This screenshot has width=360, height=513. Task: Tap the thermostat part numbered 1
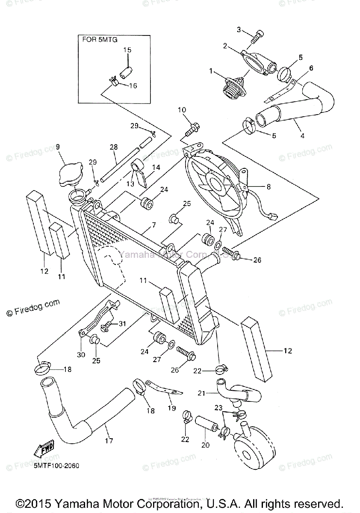click(x=232, y=87)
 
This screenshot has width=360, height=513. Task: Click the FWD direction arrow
click(x=42, y=450)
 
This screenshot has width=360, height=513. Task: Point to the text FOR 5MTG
click(x=100, y=40)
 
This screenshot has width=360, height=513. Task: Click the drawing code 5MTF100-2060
click(x=56, y=466)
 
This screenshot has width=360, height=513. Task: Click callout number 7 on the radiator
click(x=153, y=224)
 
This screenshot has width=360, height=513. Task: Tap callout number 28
click(x=113, y=147)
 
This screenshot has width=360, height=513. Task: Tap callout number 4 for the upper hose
click(x=302, y=136)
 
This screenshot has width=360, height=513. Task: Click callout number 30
click(x=81, y=354)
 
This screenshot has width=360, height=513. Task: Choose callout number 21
click(x=201, y=393)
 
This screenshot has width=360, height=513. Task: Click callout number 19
click(x=171, y=408)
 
